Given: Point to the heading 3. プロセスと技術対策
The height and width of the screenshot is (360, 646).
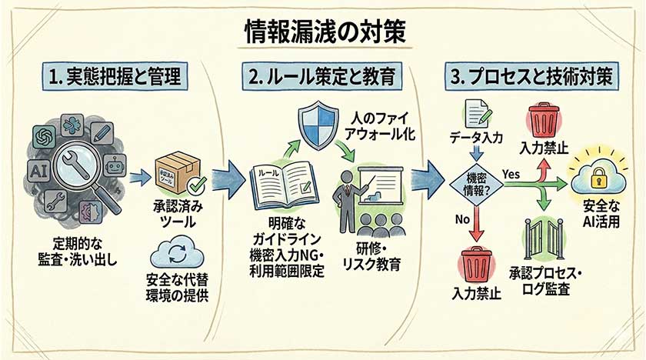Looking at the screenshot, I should point(531,77).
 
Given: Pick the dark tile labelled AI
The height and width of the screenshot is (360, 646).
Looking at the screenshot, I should point(38,170).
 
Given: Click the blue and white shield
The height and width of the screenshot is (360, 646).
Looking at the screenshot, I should point(316,125).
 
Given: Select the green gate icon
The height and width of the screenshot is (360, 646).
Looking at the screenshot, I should point(544,240).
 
